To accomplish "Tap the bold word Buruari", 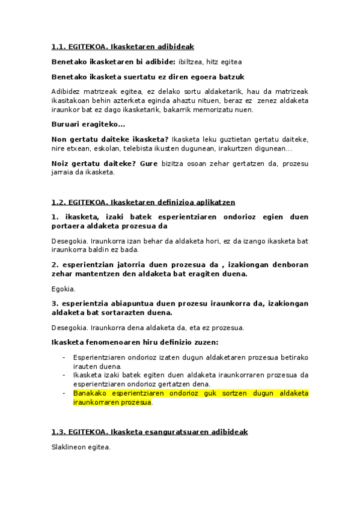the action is pos(66,124).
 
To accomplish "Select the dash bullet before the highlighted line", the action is pos(64,393).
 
